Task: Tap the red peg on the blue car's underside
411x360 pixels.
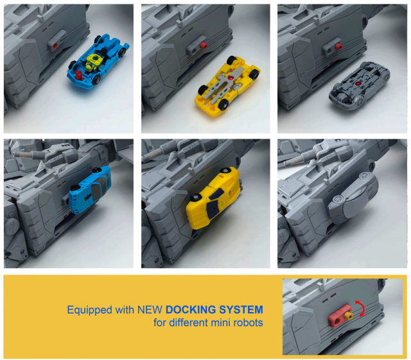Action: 78,76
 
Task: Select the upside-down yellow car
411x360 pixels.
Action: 227,85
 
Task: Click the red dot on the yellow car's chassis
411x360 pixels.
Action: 231,78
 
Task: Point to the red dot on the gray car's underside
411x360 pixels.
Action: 358,83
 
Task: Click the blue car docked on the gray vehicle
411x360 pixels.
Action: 90,190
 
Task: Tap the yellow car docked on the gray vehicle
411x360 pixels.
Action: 213,198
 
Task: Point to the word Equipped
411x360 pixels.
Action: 90,310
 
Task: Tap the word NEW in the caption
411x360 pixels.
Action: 150,309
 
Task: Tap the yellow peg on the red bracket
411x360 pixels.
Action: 349,316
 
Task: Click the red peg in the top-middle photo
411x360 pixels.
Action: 204,46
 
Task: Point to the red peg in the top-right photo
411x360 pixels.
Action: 338,47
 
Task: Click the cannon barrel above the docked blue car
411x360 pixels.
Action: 29,155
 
